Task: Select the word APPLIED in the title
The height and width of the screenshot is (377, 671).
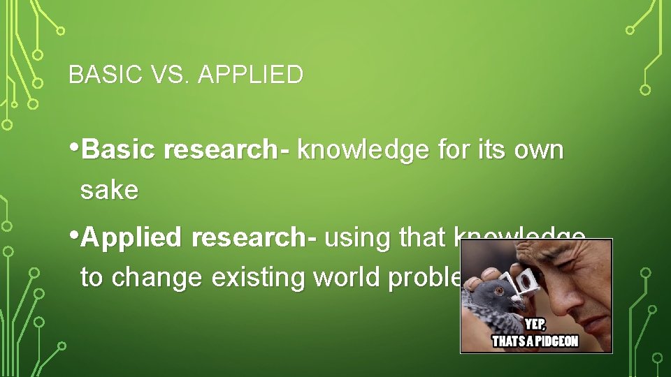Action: [x=251, y=74]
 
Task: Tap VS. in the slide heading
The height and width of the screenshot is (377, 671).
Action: [x=161, y=74]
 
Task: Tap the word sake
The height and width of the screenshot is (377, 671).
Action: [x=109, y=190]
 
